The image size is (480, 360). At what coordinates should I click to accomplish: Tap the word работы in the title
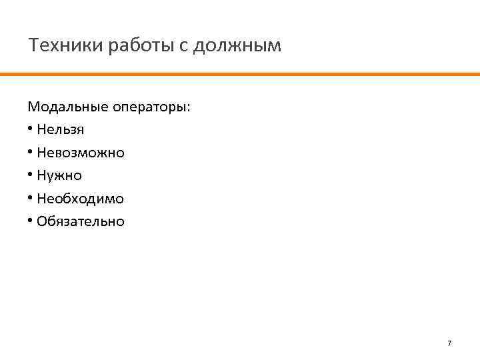click(128, 46)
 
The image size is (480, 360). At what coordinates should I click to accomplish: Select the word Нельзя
click(61, 129)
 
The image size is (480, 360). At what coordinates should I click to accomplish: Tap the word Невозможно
click(81, 153)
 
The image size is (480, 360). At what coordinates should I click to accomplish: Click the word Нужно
click(59, 176)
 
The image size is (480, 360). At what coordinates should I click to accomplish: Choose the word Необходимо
click(81, 199)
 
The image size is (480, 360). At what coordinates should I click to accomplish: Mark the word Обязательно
click(81, 221)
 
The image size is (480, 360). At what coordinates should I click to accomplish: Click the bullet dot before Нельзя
click(31, 129)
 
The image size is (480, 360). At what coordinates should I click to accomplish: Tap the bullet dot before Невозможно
click(31, 153)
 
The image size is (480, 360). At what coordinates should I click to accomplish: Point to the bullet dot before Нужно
click(31, 176)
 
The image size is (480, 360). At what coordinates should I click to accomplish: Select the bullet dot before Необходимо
click(31, 199)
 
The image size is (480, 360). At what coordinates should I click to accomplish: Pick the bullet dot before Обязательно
click(31, 221)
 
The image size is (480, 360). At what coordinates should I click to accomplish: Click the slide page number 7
click(449, 343)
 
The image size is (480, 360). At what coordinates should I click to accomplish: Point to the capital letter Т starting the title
click(33, 45)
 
